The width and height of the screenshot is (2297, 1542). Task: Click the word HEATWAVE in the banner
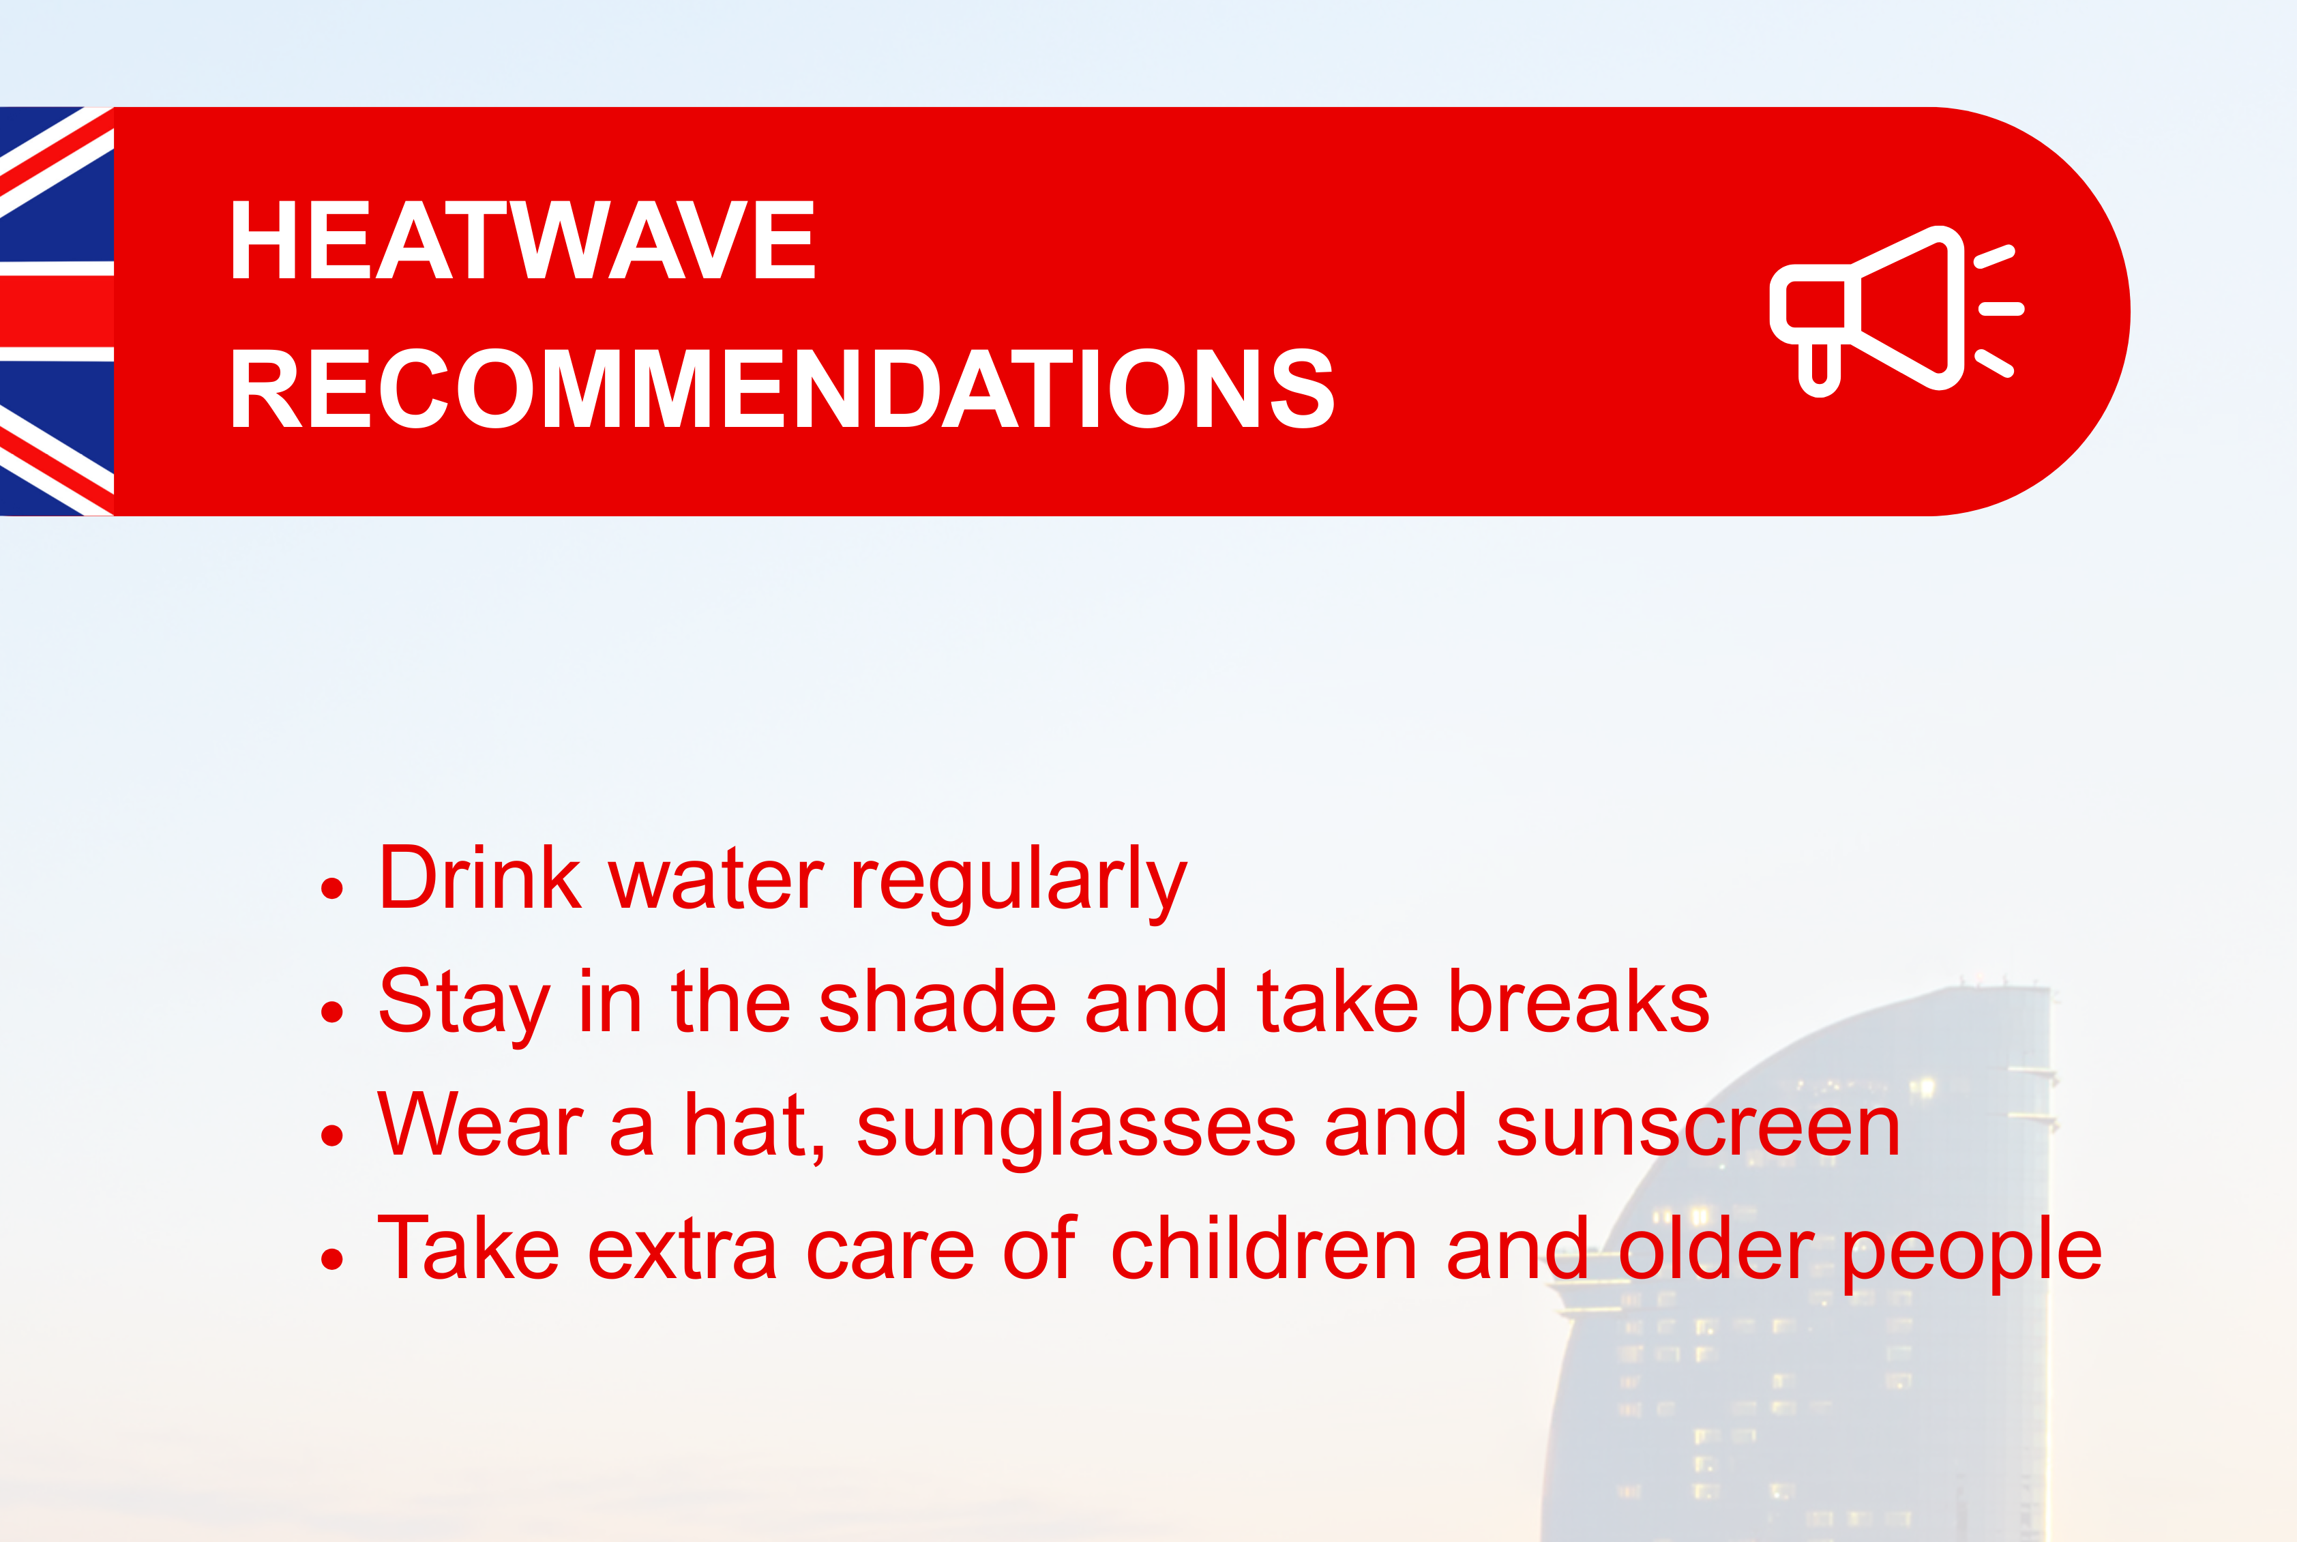(522, 239)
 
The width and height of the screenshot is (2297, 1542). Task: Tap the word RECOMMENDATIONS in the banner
(782, 389)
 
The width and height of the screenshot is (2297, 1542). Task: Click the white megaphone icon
(1896, 311)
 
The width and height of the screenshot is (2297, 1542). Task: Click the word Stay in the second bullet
(464, 1005)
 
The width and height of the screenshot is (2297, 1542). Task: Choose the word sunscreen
(1698, 1127)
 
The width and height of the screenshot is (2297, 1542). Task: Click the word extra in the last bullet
(681, 1252)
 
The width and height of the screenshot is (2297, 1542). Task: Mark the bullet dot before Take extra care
(332, 1259)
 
